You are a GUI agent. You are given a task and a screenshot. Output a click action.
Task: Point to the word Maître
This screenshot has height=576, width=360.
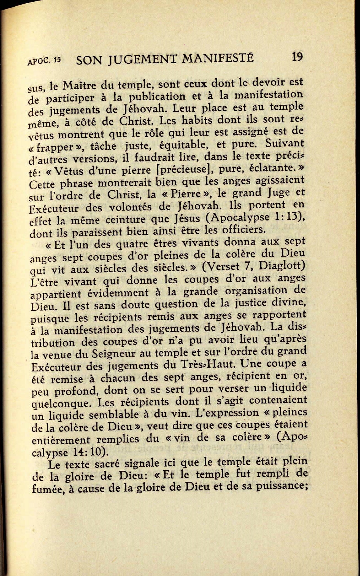[x=80, y=86]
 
